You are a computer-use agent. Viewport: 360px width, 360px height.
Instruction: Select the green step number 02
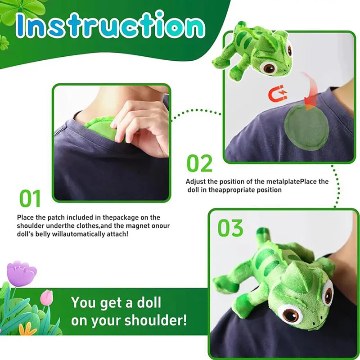click(199, 164)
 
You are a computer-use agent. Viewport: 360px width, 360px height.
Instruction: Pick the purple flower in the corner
click(21, 273)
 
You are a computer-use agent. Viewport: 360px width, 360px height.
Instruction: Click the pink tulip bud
click(47, 297)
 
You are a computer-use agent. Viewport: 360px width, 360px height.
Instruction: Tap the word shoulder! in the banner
click(160, 321)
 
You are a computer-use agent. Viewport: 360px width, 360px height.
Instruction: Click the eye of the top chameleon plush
click(270, 67)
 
